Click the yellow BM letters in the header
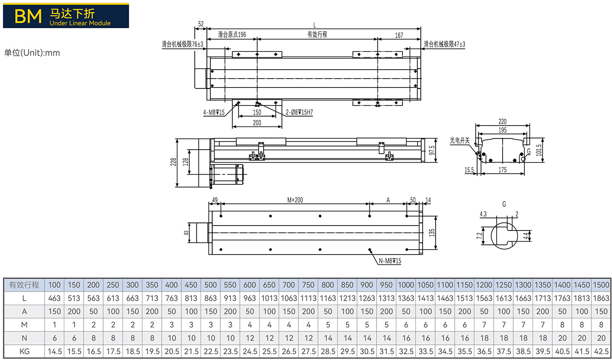tap(28, 16)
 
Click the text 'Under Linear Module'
tap(80, 23)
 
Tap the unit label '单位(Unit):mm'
tap(32, 53)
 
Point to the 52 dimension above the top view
tap(201, 24)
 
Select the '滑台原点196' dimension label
tap(232, 34)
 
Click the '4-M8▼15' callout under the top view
tap(214, 112)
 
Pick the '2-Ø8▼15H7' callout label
tap(299, 112)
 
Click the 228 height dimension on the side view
tap(173, 162)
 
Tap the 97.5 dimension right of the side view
tap(432, 150)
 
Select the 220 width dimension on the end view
tap(503, 121)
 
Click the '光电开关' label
tap(460, 140)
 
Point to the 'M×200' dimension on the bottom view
tap(295, 200)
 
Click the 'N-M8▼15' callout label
tap(390, 261)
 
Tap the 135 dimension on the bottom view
tap(432, 232)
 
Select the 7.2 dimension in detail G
tap(479, 236)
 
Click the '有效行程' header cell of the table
tap(24, 285)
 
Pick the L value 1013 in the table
tap(269, 298)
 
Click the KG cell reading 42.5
tap(601, 352)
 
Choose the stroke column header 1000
tap(406, 285)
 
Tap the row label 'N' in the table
tap(24, 338)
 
